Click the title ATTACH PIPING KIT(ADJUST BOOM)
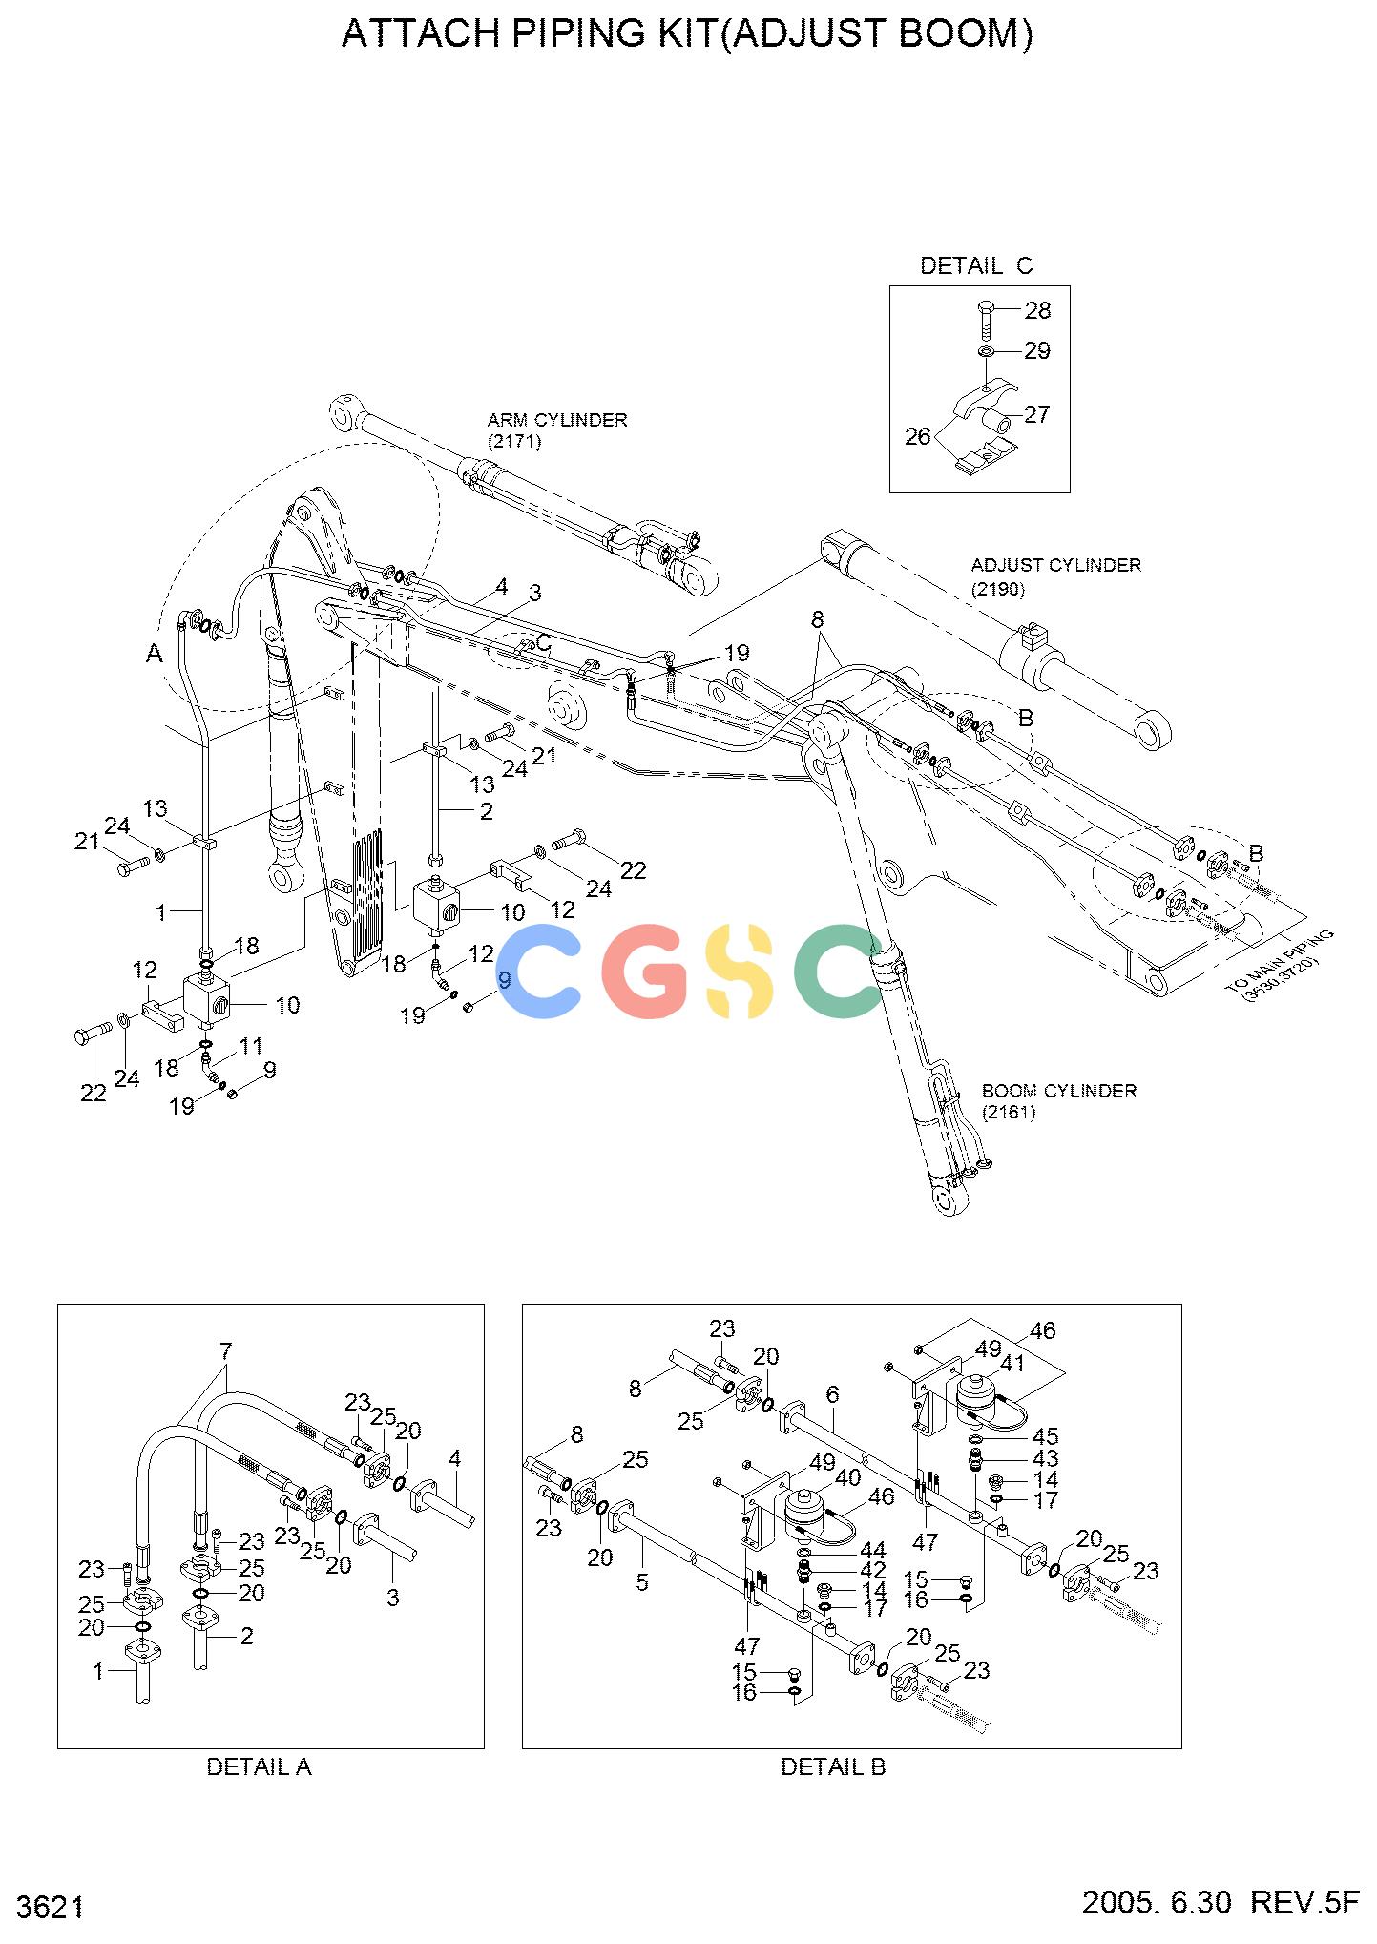click(x=687, y=33)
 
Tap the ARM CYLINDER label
click(x=557, y=420)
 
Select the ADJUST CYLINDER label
click(x=1055, y=565)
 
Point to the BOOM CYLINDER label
click(x=1059, y=1091)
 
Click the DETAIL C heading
click(x=976, y=265)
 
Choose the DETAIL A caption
click(x=260, y=1767)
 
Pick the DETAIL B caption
click(x=833, y=1767)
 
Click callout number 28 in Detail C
click(x=1037, y=310)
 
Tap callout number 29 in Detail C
click(x=1037, y=351)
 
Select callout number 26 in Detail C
click(x=917, y=437)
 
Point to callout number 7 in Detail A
click(x=226, y=1351)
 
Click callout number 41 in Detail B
click(x=1012, y=1364)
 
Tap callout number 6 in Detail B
click(x=832, y=1395)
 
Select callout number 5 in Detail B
click(x=642, y=1582)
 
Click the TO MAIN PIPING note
click(x=1281, y=966)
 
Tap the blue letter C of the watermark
click(x=539, y=971)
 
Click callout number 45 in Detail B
click(x=1045, y=1437)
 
